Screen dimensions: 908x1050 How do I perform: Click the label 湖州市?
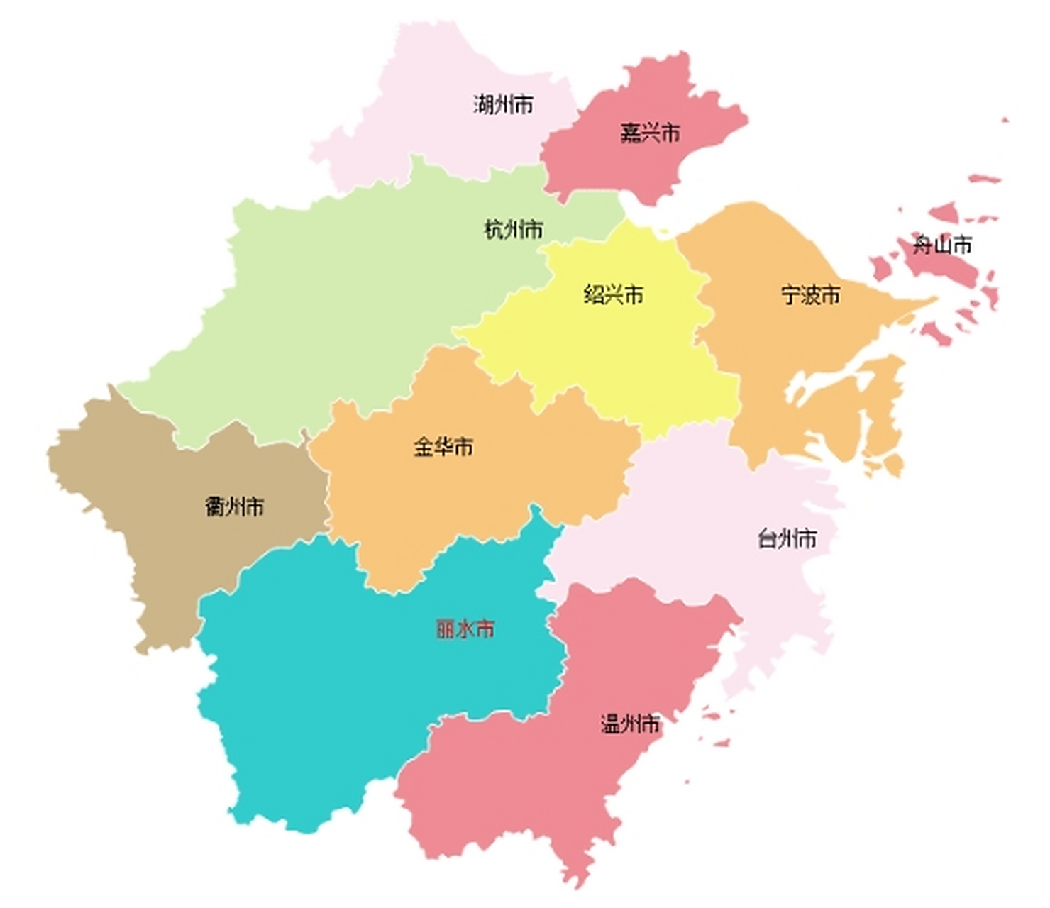[x=503, y=105]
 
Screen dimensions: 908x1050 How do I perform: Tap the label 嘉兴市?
[x=650, y=133]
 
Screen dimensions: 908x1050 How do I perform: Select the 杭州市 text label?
[x=513, y=229]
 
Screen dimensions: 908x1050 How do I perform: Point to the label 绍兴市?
[x=614, y=294]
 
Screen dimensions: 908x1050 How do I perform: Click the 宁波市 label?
[x=810, y=294]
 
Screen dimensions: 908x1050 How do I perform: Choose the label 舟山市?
[x=941, y=245]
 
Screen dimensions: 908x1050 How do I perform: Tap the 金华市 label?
[x=443, y=447]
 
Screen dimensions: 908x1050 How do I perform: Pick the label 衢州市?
[x=234, y=506]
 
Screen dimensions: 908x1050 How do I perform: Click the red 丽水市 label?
[x=465, y=629]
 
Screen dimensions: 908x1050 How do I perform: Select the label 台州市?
[x=787, y=538]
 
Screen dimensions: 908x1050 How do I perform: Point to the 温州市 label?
[x=630, y=724]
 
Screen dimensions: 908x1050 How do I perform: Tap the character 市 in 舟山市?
[x=962, y=245]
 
